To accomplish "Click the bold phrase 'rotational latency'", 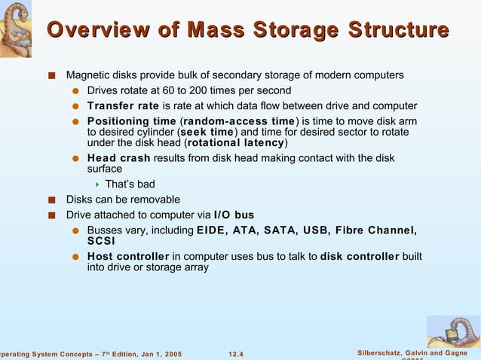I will point(235,143).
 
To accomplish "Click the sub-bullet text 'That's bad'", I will point(130,185).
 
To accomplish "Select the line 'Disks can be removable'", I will point(123,200).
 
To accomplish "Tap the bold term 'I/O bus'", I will point(234,215).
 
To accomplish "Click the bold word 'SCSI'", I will point(101,241).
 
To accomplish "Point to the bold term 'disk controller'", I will point(360,256).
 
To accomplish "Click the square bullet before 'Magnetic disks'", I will point(51,75).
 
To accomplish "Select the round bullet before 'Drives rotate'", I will point(75,91).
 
